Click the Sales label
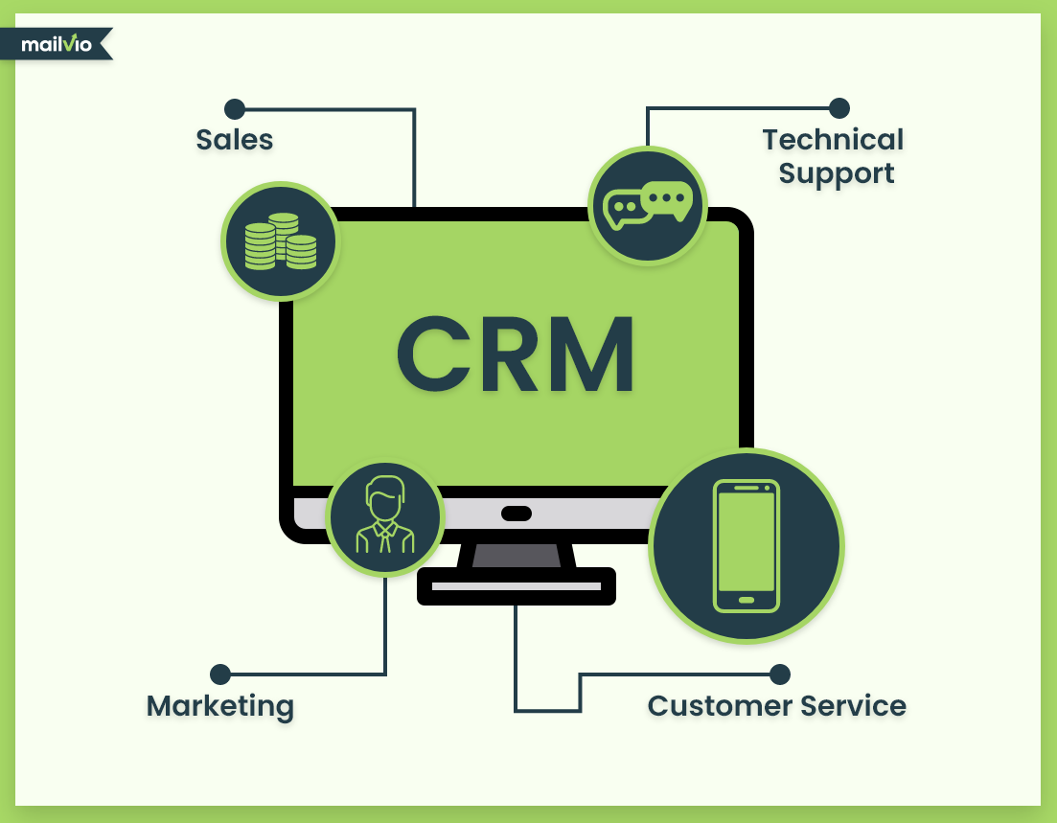point(235,140)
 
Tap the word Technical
point(833,140)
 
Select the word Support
point(836,174)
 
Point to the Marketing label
point(220,707)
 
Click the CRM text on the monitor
point(516,354)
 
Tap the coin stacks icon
point(280,240)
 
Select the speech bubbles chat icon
point(647,204)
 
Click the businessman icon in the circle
point(384,516)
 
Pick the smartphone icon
point(747,545)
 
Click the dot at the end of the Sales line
point(234,108)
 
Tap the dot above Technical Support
point(839,108)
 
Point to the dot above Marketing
point(220,674)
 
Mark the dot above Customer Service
point(780,674)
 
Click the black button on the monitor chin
point(517,514)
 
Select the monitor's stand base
point(517,585)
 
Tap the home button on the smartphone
point(747,601)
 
